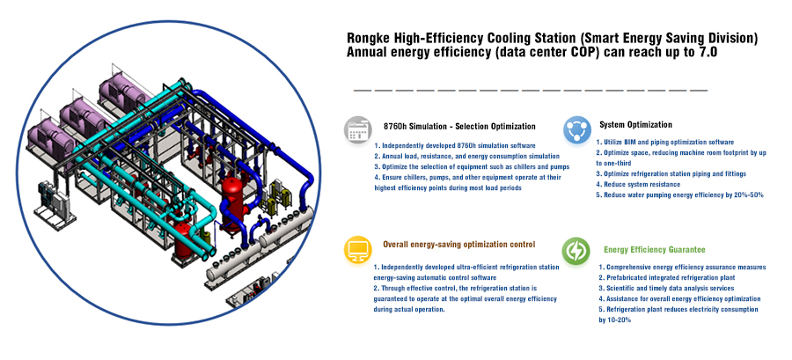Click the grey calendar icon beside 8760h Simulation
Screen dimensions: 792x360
[x=356, y=130]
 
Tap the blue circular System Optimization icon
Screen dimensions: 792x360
[x=576, y=129]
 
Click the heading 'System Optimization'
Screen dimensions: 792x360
[x=635, y=125]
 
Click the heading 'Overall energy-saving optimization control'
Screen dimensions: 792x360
[x=458, y=245]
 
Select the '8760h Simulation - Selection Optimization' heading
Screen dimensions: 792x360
[x=459, y=126]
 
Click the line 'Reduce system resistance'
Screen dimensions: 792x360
[x=638, y=184]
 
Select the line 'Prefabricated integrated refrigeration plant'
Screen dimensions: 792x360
[x=667, y=277]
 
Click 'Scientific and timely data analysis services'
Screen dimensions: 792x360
[x=666, y=289]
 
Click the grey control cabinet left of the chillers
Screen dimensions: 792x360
[x=54, y=203]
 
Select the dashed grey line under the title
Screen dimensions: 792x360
[x=531, y=91]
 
